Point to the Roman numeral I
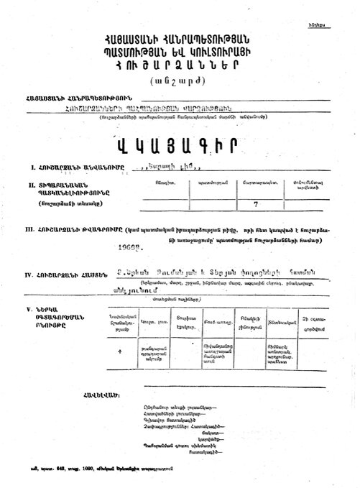[25, 167]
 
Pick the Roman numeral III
[27, 229]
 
